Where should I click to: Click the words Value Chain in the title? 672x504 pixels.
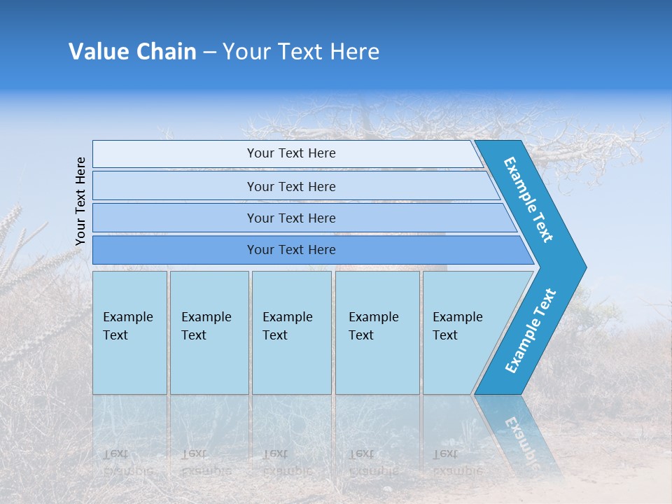pyautogui.click(x=132, y=52)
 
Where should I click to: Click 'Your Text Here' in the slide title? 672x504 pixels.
pyautogui.click(x=301, y=52)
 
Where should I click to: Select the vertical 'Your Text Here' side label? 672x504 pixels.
pyautogui.click(x=80, y=202)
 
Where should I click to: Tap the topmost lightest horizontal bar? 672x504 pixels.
pyautogui.click(x=290, y=153)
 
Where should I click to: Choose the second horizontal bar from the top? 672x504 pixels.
pyautogui.click(x=290, y=186)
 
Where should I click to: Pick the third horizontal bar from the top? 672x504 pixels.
pyautogui.click(x=290, y=218)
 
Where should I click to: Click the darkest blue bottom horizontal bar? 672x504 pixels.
pyautogui.click(x=290, y=250)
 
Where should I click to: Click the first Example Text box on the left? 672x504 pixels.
pyautogui.click(x=129, y=332)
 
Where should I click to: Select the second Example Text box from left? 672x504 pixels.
pyautogui.click(x=209, y=332)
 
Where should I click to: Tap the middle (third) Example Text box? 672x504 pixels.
pyautogui.click(x=290, y=332)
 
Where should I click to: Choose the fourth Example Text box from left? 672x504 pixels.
pyautogui.click(x=377, y=332)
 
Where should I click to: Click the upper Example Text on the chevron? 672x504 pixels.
pyautogui.click(x=529, y=199)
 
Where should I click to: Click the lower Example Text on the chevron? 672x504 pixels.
pyautogui.click(x=531, y=331)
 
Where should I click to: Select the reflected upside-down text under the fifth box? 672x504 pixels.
pyautogui.click(x=457, y=462)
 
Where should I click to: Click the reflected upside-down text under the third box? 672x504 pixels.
pyautogui.click(x=287, y=462)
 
